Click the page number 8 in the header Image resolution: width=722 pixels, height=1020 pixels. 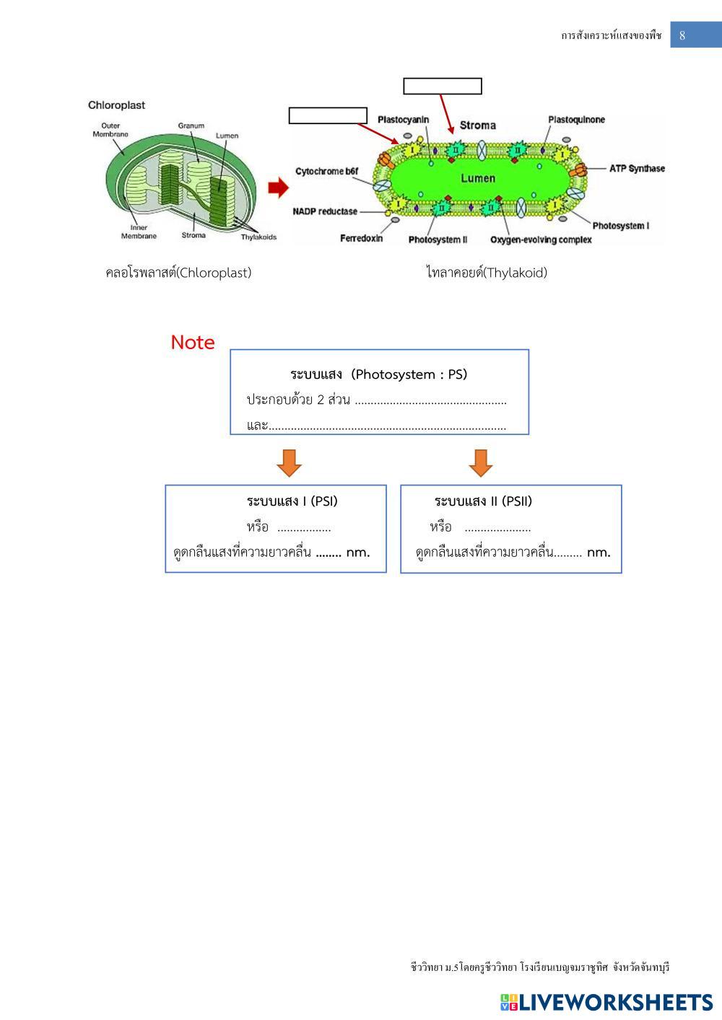682,35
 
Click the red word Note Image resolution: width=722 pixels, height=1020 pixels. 193,343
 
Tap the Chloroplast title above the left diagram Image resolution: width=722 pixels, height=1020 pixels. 116,105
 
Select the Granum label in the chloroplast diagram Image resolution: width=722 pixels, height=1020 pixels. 191,126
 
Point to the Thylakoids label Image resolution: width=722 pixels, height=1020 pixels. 258,237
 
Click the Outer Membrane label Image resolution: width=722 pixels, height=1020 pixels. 110,130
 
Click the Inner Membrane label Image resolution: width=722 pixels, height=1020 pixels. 139,232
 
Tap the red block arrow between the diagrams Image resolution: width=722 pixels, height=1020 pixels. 278,188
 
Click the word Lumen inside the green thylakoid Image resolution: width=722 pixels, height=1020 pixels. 478,178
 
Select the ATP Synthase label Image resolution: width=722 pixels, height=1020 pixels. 637,169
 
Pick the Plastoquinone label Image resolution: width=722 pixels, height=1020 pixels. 576,120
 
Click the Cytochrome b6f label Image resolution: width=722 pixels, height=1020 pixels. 326,171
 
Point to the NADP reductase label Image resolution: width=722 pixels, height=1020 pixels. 325,211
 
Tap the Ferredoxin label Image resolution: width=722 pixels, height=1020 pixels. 361,239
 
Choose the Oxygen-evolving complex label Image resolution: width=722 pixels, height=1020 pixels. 541,239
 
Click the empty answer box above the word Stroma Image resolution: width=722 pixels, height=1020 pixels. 443,87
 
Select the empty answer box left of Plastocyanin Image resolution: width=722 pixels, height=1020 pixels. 328,115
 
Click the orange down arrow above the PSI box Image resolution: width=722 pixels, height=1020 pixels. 290,462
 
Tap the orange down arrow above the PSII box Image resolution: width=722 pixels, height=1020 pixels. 481,462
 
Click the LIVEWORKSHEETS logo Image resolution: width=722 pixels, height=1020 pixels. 606,1002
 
